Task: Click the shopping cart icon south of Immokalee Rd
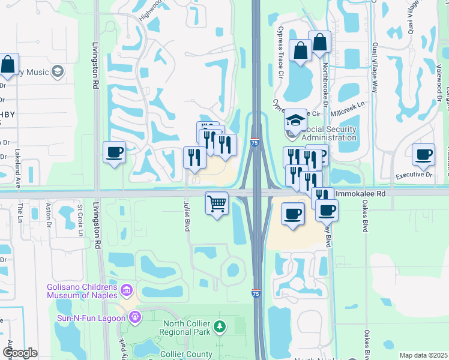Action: [217, 203]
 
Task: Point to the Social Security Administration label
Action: [330, 133]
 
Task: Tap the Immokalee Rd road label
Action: [359, 194]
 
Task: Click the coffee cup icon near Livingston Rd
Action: [114, 152]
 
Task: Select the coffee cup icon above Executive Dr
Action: [423, 155]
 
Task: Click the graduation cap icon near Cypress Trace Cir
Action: [295, 119]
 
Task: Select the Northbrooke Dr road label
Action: [326, 83]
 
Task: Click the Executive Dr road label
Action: [414, 175]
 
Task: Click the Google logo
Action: [20, 353]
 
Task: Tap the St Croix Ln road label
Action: [80, 221]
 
